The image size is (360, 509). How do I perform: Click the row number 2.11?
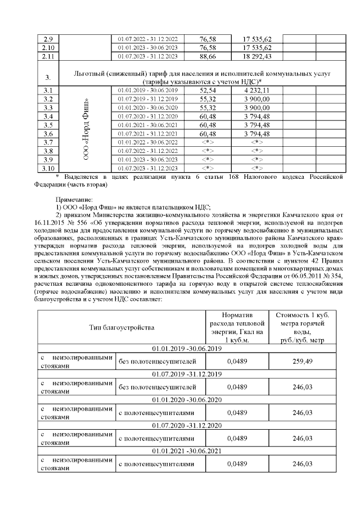tap(48, 56)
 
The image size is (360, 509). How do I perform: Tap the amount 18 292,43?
tap(257, 56)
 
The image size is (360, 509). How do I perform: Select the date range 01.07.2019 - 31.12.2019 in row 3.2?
tap(148, 98)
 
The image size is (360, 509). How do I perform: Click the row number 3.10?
tap(48, 168)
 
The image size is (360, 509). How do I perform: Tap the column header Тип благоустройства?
tap(121, 327)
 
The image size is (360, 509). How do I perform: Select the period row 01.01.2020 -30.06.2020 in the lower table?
tap(182, 400)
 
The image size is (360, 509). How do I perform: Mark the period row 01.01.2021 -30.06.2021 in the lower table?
tap(182, 451)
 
